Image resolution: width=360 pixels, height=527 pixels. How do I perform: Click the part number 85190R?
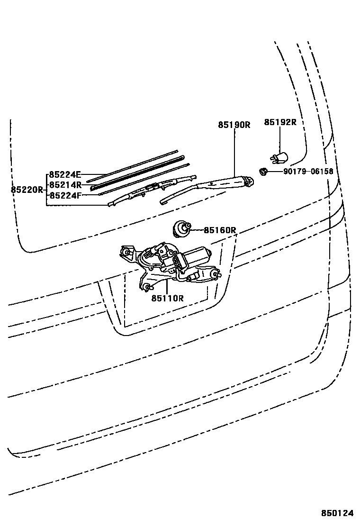pos(234,125)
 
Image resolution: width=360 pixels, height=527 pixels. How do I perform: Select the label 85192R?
pos(280,122)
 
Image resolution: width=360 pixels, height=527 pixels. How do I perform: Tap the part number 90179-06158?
pos(308,172)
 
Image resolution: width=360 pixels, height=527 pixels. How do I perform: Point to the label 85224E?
pos(65,174)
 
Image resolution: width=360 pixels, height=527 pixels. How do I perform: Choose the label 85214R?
pos(65,184)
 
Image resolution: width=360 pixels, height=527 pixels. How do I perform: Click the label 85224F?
pos(65,195)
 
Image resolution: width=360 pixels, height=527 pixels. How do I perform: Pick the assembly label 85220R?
pos(27,190)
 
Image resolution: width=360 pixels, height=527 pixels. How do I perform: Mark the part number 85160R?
pos(220,230)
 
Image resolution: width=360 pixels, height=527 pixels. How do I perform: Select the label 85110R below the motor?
pos(167,298)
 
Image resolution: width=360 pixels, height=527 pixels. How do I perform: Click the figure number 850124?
pos(337,513)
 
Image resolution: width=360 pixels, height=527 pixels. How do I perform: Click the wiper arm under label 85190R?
pos(208,187)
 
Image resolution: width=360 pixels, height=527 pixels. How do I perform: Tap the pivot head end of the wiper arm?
pos(247,180)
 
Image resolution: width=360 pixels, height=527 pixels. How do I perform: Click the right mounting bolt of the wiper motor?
pos(217,274)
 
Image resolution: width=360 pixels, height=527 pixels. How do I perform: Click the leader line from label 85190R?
pos(234,152)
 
